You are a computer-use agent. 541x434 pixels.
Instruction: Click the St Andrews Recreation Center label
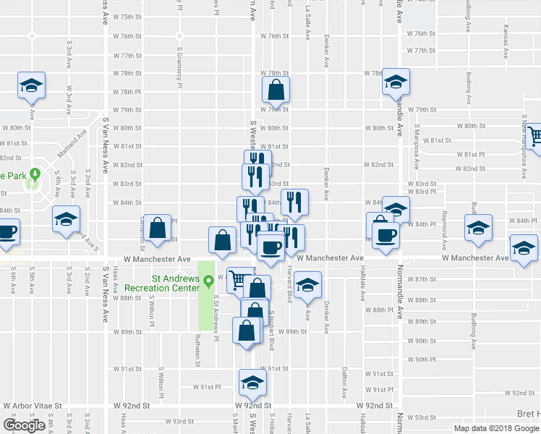coord(174,281)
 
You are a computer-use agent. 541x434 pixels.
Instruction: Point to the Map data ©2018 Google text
coord(496,428)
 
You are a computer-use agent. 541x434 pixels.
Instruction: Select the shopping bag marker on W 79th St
coord(276,91)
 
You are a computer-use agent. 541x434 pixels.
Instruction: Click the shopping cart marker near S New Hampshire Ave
coord(535,137)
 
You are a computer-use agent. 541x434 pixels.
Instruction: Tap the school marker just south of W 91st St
coord(252,383)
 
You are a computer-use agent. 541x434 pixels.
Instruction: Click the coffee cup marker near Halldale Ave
coord(384,237)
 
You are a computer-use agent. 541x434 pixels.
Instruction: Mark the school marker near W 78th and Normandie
coord(396,82)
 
